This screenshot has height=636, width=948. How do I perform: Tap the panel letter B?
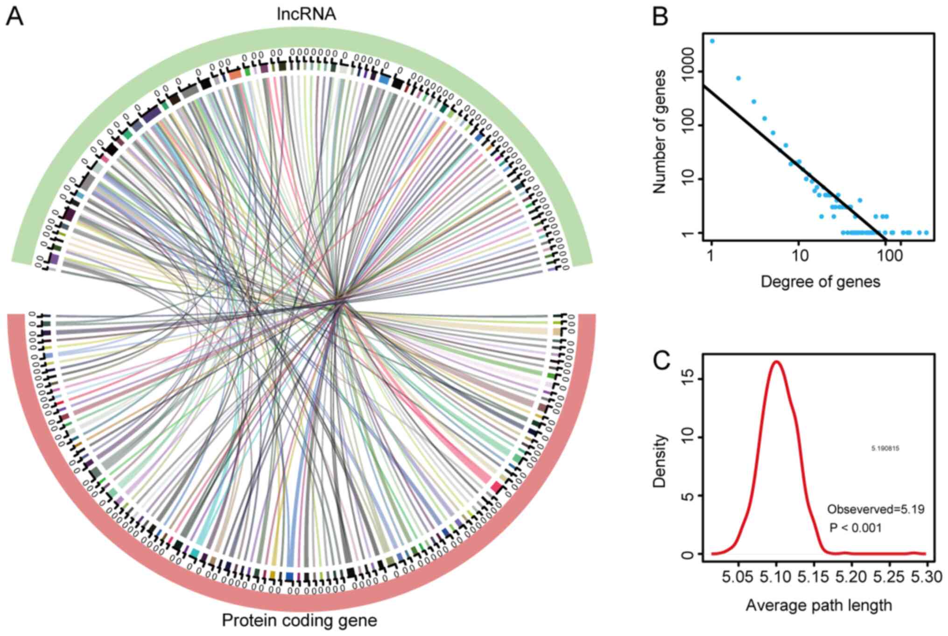point(660,17)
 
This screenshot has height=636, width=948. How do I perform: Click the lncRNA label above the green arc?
point(306,14)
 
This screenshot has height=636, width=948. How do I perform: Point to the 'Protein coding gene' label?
point(299,621)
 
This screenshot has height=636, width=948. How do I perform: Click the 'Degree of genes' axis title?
point(820,282)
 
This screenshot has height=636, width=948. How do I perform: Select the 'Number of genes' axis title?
point(659,132)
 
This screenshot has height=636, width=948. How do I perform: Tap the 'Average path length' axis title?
point(819,606)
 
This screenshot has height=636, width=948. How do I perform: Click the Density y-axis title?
point(659,461)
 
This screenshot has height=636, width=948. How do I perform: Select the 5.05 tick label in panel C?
point(738,577)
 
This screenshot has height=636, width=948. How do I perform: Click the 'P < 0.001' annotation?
point(856,528)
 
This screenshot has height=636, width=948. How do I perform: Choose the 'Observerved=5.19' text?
point(876,509)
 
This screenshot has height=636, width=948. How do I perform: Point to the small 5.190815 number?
point(885,449)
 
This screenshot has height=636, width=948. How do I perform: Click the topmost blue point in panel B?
point(712,41)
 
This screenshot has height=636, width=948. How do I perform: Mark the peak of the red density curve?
point(777,361)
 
